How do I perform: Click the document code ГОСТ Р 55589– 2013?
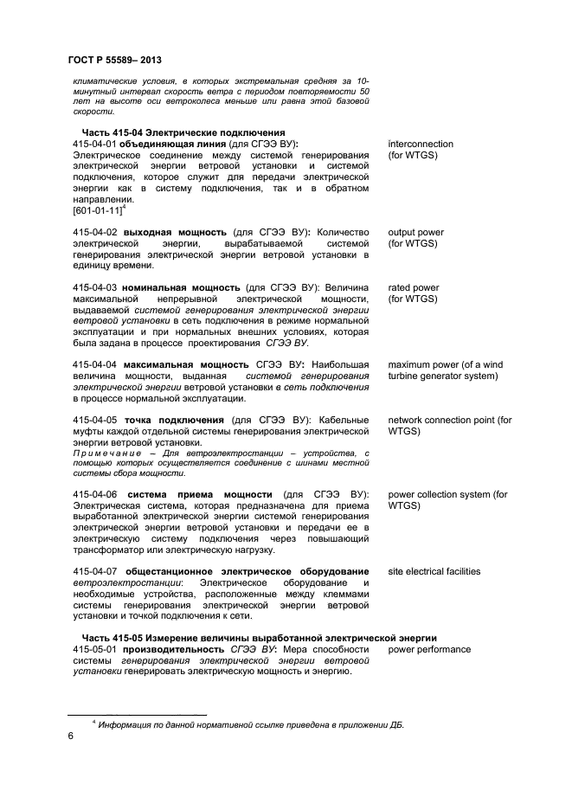pos(114,60)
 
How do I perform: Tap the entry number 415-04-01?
pos(95,143)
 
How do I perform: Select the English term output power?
pos(416,233)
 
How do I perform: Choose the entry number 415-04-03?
pos(95,287)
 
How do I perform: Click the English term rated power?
pos(413,287)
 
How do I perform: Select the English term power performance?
pos(429,649)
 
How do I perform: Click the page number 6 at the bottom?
pos(71,736)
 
